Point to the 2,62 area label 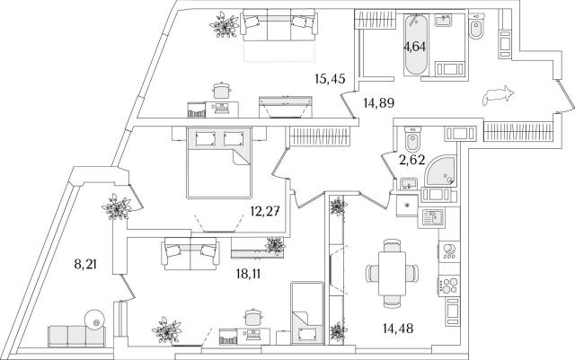(x=414, y=162)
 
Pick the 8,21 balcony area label (x=86, y=264)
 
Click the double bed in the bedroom (x=221, y=162)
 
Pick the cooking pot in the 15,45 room (x=220, y=89)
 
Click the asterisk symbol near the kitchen (x=409, y=206)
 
